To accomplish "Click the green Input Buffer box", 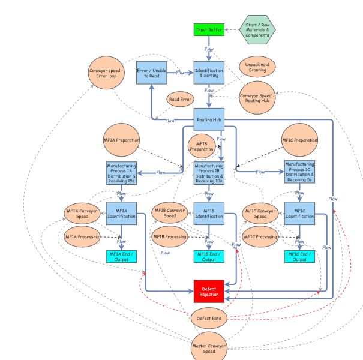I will point(209,29).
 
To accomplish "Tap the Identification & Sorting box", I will point(209,73).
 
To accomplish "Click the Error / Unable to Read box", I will point(151,73).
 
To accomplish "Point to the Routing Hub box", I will point(209,119).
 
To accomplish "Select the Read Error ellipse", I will point(181,100).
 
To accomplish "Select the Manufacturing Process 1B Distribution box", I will point(209,172).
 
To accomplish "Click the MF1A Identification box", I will point(122,214).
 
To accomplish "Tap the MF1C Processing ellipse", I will point(260,237).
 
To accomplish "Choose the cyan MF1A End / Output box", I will point(122,256).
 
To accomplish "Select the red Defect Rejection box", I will point(209,291).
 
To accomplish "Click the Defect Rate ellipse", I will point(208,318).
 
